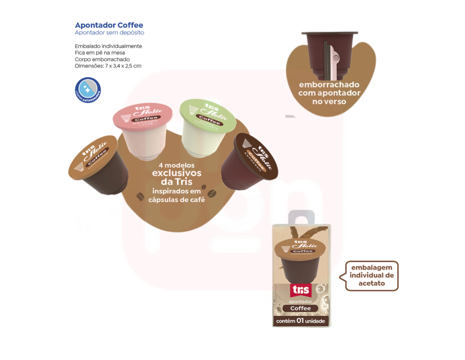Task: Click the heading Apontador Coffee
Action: [109, 25]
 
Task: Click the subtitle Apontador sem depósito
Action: [109, 32]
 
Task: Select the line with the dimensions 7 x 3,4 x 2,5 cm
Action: [108, 66]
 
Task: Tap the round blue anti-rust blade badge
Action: [88, 90]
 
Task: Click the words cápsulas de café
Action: [177, 199]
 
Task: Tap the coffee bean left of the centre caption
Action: [140, 196]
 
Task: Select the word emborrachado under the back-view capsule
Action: [329, 85]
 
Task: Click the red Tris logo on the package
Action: [301, 290]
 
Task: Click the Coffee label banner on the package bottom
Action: [301, 308]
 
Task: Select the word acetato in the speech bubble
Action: [372, 283]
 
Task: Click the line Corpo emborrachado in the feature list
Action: [102, 59]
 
